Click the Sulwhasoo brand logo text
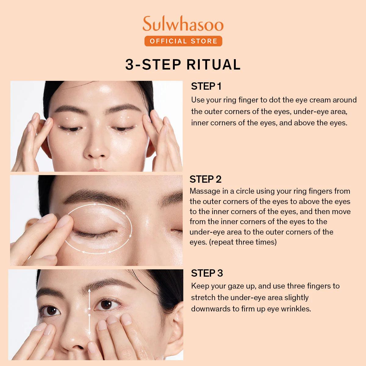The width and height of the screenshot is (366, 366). click(183, 24)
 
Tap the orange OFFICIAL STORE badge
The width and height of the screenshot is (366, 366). click(183, 41)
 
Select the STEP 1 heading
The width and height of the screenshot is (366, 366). click(206, 86)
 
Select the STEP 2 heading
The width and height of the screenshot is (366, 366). click(205, 179)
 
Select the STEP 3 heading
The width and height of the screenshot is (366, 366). click(207, 273)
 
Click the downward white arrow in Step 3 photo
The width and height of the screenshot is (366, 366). click(89, 326)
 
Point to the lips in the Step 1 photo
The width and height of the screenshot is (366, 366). click(97, 170)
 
